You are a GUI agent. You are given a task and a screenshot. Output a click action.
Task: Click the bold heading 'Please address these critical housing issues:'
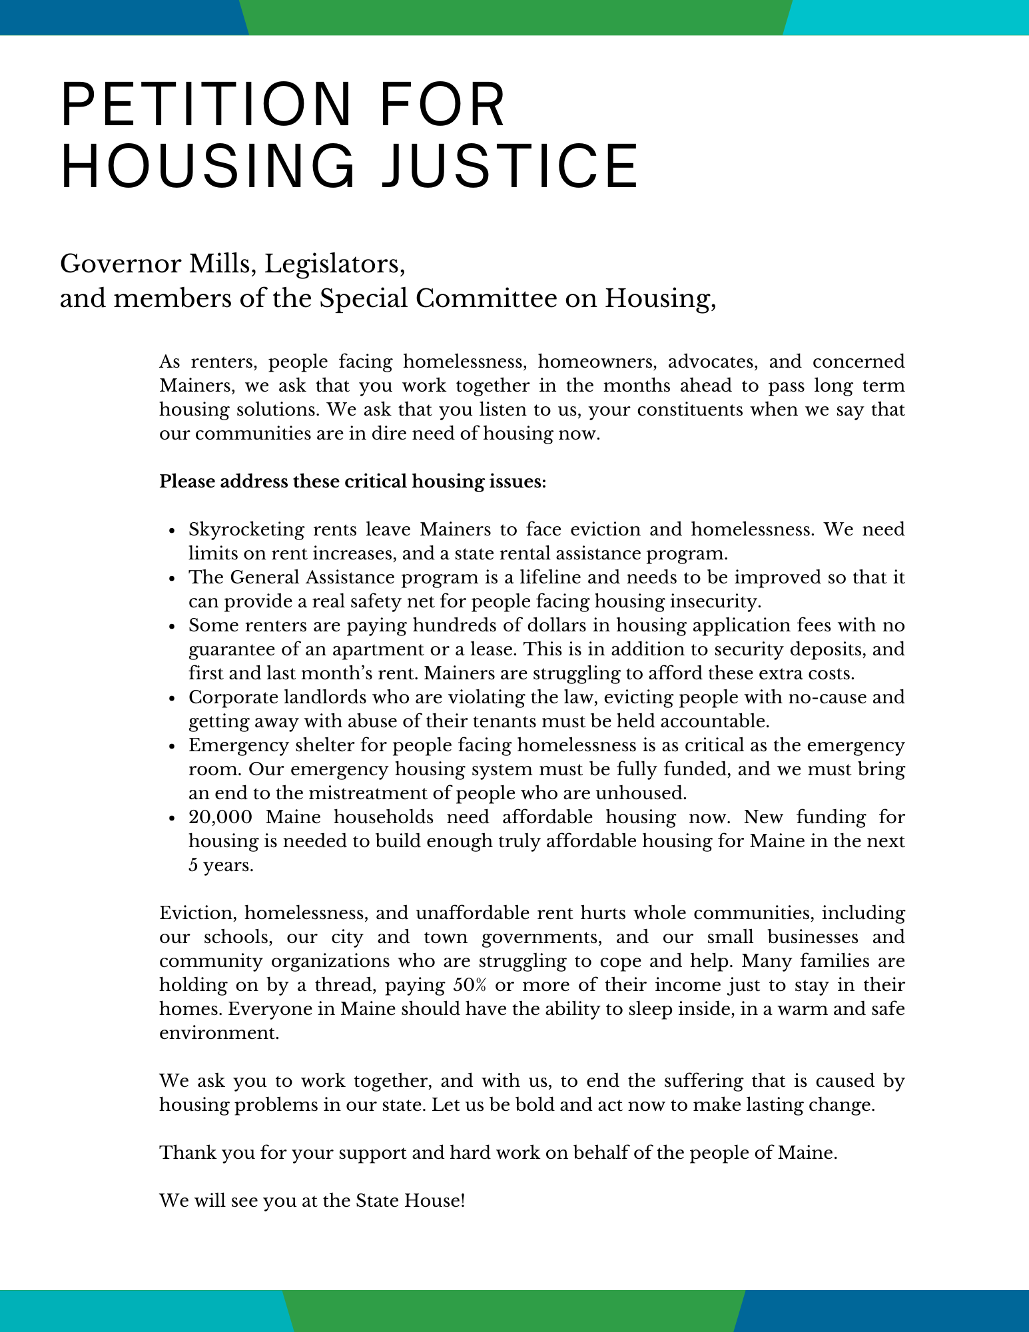[x=352, y=482]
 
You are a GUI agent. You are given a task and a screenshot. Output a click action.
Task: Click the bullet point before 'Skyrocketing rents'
[x=172, y=531]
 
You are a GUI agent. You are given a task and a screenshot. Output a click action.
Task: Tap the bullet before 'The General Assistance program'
[x=172, y=579]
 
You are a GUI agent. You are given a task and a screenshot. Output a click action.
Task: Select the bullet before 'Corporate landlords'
[x=172, y=699]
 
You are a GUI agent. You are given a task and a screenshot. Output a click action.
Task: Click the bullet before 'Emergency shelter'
[x=172, y=747]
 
